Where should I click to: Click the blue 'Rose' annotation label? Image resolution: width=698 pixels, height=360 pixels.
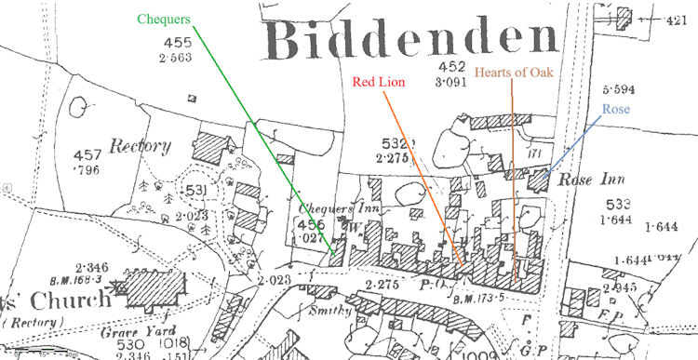click(x=615, y=110)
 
